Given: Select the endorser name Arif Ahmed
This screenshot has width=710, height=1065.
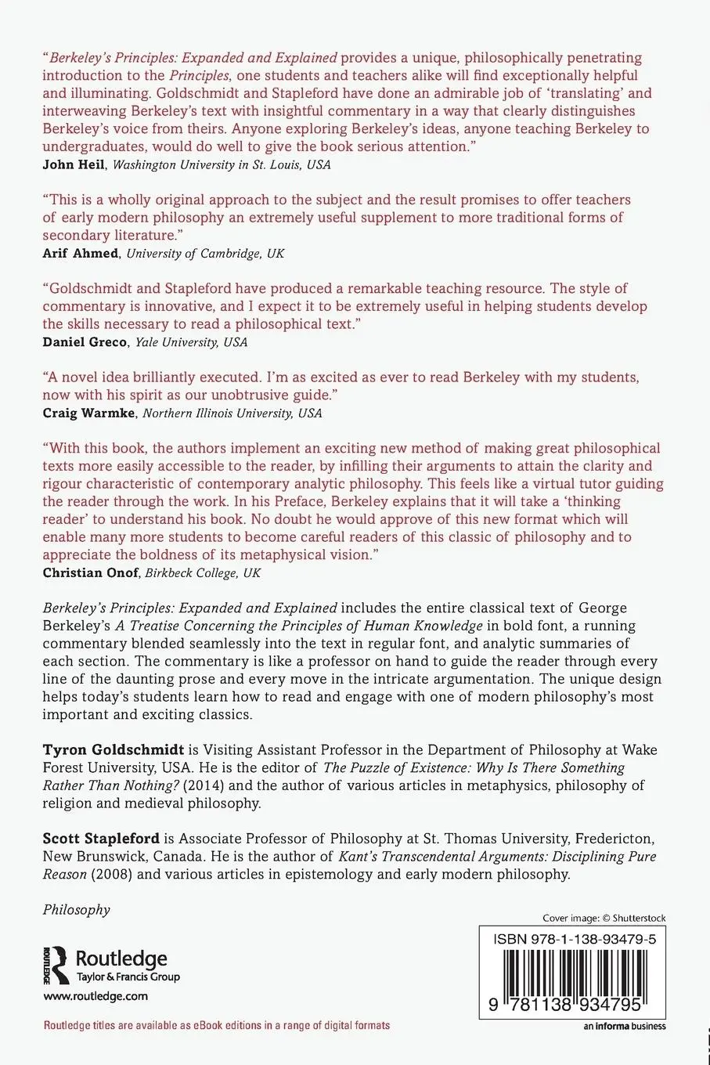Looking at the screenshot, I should coord(81,253).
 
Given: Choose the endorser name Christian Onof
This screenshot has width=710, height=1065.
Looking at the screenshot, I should coord(91,572).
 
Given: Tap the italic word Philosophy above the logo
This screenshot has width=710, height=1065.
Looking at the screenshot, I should coord(76,909).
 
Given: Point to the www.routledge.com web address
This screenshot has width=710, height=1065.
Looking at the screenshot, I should coord(96,996).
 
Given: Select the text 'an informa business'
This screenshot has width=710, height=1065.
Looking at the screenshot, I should coord(624,1026).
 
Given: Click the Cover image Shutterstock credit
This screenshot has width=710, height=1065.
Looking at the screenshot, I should coord(604,918).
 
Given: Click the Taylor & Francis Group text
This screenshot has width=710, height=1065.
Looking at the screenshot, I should coord(128,977).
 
